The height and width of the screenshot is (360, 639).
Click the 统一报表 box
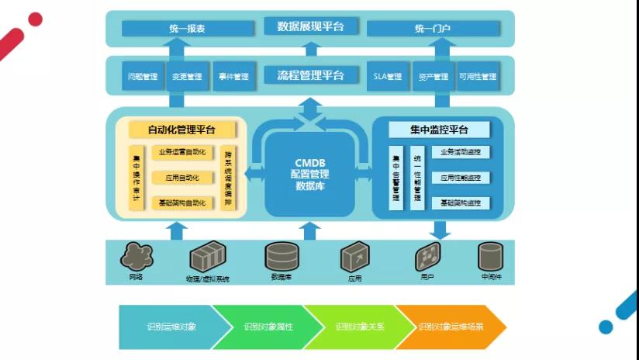[x=188, y=29]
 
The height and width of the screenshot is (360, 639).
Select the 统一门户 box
[x=433, y=29]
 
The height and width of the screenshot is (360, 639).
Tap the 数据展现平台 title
[x=310, y=27]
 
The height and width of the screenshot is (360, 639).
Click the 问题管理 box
[x=143, y=77]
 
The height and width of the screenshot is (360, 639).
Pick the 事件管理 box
[x=233, y=77]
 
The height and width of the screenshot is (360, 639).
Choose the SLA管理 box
[x=388, y=77]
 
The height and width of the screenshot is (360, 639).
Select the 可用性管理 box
[x=478, y=77]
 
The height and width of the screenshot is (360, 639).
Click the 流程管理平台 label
[x=310, y=75]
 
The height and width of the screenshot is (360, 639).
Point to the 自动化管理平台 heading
[x=182, y=130]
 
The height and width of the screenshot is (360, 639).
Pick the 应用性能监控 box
[x=461, y=178]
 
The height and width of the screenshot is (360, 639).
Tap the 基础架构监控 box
[x=461, y=203]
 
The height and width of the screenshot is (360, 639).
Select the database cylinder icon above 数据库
[x=281, y=256]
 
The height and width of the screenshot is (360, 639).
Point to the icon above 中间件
[x=490, y=256]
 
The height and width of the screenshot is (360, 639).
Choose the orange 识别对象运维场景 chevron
[x=450, y=327]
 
